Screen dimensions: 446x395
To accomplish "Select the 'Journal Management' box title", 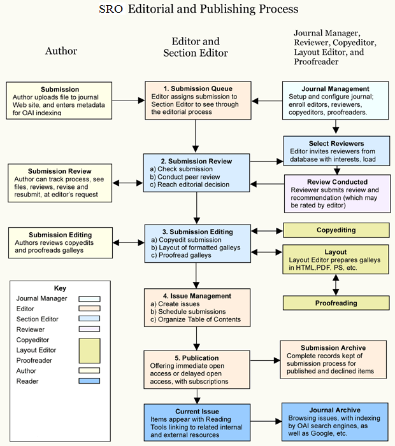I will click(336, 88).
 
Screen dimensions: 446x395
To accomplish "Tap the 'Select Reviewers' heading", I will click(336, 144).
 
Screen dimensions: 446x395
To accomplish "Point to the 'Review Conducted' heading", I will click(336, 182).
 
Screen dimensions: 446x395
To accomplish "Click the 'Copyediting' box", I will click(336, 230).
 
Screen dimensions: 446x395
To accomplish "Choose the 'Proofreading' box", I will click(336, 303).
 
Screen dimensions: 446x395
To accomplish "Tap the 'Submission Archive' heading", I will click(333, 347).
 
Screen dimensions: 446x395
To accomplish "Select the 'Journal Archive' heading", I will click(335, 410).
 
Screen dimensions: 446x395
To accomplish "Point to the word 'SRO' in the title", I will click(111, 10).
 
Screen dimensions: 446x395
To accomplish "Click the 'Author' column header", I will click(61, 51).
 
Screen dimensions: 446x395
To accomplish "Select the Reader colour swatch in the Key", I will click(89, 381).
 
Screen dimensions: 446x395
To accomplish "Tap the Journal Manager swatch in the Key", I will click(89, 297).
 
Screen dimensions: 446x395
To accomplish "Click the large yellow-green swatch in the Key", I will click(89, 349).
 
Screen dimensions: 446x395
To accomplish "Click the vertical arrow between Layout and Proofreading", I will click(336, 285).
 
